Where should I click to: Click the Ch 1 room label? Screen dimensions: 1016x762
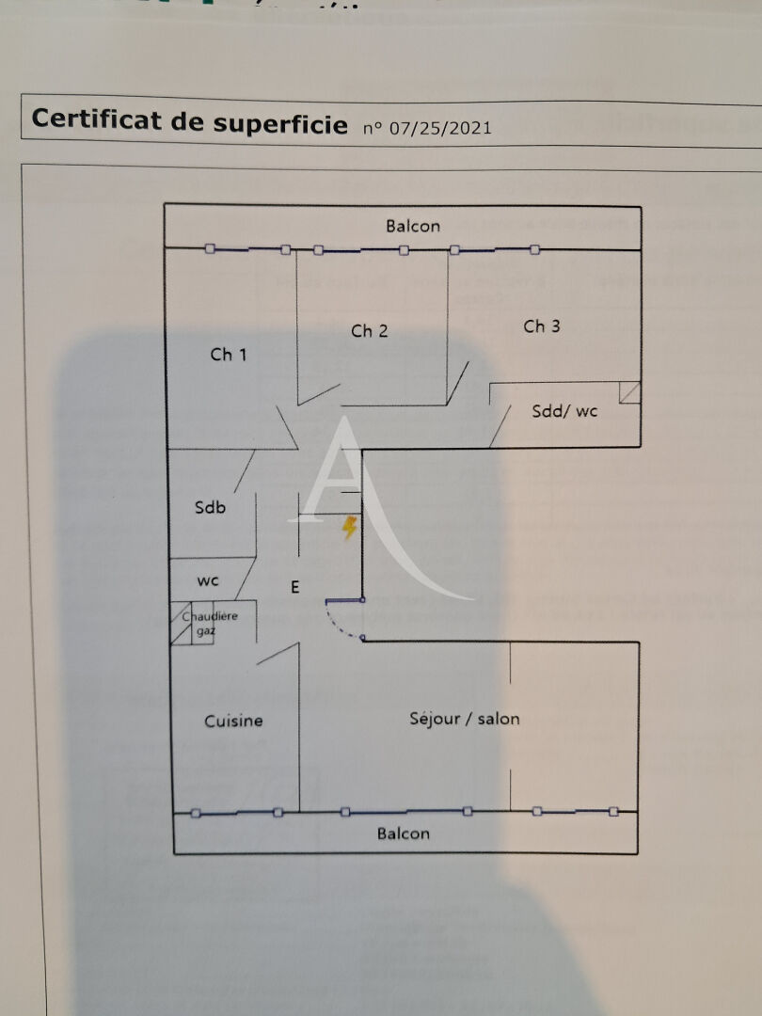click(x=229, y=355)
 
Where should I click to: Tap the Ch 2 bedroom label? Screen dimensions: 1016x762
click(x=370, y=330)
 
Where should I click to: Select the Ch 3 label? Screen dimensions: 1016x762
click(x=542, y=326)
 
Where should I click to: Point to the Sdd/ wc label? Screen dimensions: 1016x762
click(x=564, y=411)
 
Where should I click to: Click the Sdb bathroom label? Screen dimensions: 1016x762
click(x=210, y=508)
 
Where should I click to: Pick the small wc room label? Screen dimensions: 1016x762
click(x=208, y=580)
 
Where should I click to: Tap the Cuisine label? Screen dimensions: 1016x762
click(x=234, y=721)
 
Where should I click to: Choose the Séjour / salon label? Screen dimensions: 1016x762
click(x=465, y=718)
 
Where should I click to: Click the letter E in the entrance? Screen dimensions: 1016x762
click(x=294, y=588)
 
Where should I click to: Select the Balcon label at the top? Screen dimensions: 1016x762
click(x=413, y=226)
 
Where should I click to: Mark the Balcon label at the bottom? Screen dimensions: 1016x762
click(x=404, y=833)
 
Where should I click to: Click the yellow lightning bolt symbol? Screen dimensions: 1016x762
click(x=349, y=528)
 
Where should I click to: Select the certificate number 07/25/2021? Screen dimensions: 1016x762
click(x=440, y=127)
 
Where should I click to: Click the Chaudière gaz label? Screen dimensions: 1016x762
click(x=210, y=624)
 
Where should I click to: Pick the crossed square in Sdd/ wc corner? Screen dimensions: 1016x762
click(x=629, y=392)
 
